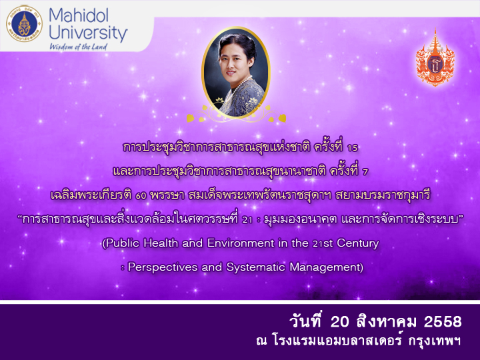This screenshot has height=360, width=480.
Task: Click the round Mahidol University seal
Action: pos(24,23)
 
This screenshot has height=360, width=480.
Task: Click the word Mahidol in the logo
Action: pos(79,15)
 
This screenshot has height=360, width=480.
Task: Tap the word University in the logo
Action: pos(88,33)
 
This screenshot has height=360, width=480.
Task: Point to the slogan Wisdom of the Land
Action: pos(78,47)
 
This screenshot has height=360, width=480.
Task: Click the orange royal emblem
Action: pos(435,58)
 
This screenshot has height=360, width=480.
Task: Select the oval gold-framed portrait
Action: pos(236,73)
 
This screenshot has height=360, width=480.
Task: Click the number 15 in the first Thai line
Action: pos(353,148)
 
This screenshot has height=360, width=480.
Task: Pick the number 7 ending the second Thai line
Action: pos(365,172)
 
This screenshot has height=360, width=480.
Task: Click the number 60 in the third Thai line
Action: pos(141,195)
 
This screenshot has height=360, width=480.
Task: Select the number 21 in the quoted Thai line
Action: pos(247,219)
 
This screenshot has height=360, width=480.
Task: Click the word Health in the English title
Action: pos(161,243)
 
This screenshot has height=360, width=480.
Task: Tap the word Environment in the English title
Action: pos(241,243)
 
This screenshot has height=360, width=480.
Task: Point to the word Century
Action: pos(358,244)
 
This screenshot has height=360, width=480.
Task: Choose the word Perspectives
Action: pos(163,267)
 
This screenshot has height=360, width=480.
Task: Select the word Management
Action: pos(326,267)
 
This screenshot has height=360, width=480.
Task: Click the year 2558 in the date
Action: pos(443,322)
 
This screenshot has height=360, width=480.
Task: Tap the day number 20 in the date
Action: pos(340,322)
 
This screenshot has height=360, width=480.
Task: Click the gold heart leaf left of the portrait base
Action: pos(191,118)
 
